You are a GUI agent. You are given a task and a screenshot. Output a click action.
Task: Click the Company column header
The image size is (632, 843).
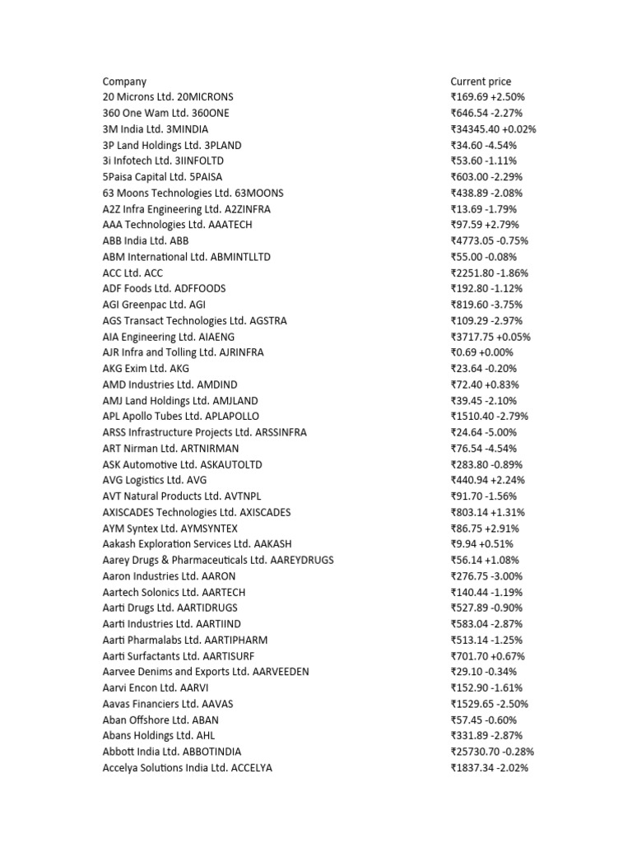pos(124,82)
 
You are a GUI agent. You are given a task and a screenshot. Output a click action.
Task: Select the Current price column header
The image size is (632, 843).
pos(481,82)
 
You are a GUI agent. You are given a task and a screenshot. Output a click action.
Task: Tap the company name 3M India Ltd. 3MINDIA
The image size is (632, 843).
pos(155,129)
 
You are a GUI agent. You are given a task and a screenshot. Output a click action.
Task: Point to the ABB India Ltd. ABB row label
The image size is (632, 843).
pos(146,241)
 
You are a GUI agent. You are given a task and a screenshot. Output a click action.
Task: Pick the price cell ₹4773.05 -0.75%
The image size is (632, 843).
pos(489,241)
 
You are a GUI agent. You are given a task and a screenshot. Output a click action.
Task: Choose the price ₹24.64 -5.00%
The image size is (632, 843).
pos(483,432)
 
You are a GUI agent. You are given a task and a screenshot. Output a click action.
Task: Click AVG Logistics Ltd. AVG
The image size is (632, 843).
pos(155,480)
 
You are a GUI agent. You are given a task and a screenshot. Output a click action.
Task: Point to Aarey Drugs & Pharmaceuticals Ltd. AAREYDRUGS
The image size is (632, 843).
pos(217,560)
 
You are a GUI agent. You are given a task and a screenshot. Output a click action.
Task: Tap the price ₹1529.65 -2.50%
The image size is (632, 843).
pos(489,704)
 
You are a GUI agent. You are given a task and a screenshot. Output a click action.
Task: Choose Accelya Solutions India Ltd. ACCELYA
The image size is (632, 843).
pos(187,768)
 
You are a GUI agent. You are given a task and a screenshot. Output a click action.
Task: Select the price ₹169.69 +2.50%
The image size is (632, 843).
pos(486,97)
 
